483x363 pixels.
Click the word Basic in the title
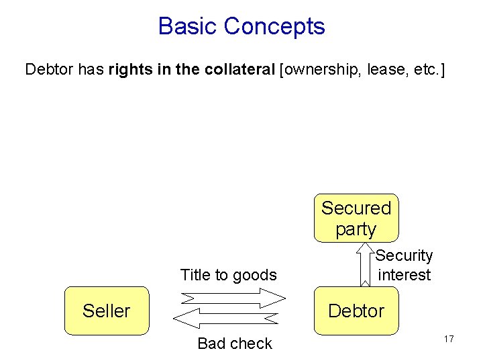click(188, 27)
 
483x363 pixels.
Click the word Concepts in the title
click(274, 27)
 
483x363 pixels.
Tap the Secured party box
click(356, 218)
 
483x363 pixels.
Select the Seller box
click(106, 311)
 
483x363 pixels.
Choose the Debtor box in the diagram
click(356, 311)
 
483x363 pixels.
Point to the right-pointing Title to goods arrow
click(233, 298)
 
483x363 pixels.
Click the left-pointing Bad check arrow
click(225, 318)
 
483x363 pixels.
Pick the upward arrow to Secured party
click(366, 265)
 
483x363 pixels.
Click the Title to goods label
click(228, 275)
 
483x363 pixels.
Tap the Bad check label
click(234, 344)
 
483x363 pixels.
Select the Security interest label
click(405, 265)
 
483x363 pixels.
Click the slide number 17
click(448, 339)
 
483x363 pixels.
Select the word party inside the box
click(356, 229)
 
